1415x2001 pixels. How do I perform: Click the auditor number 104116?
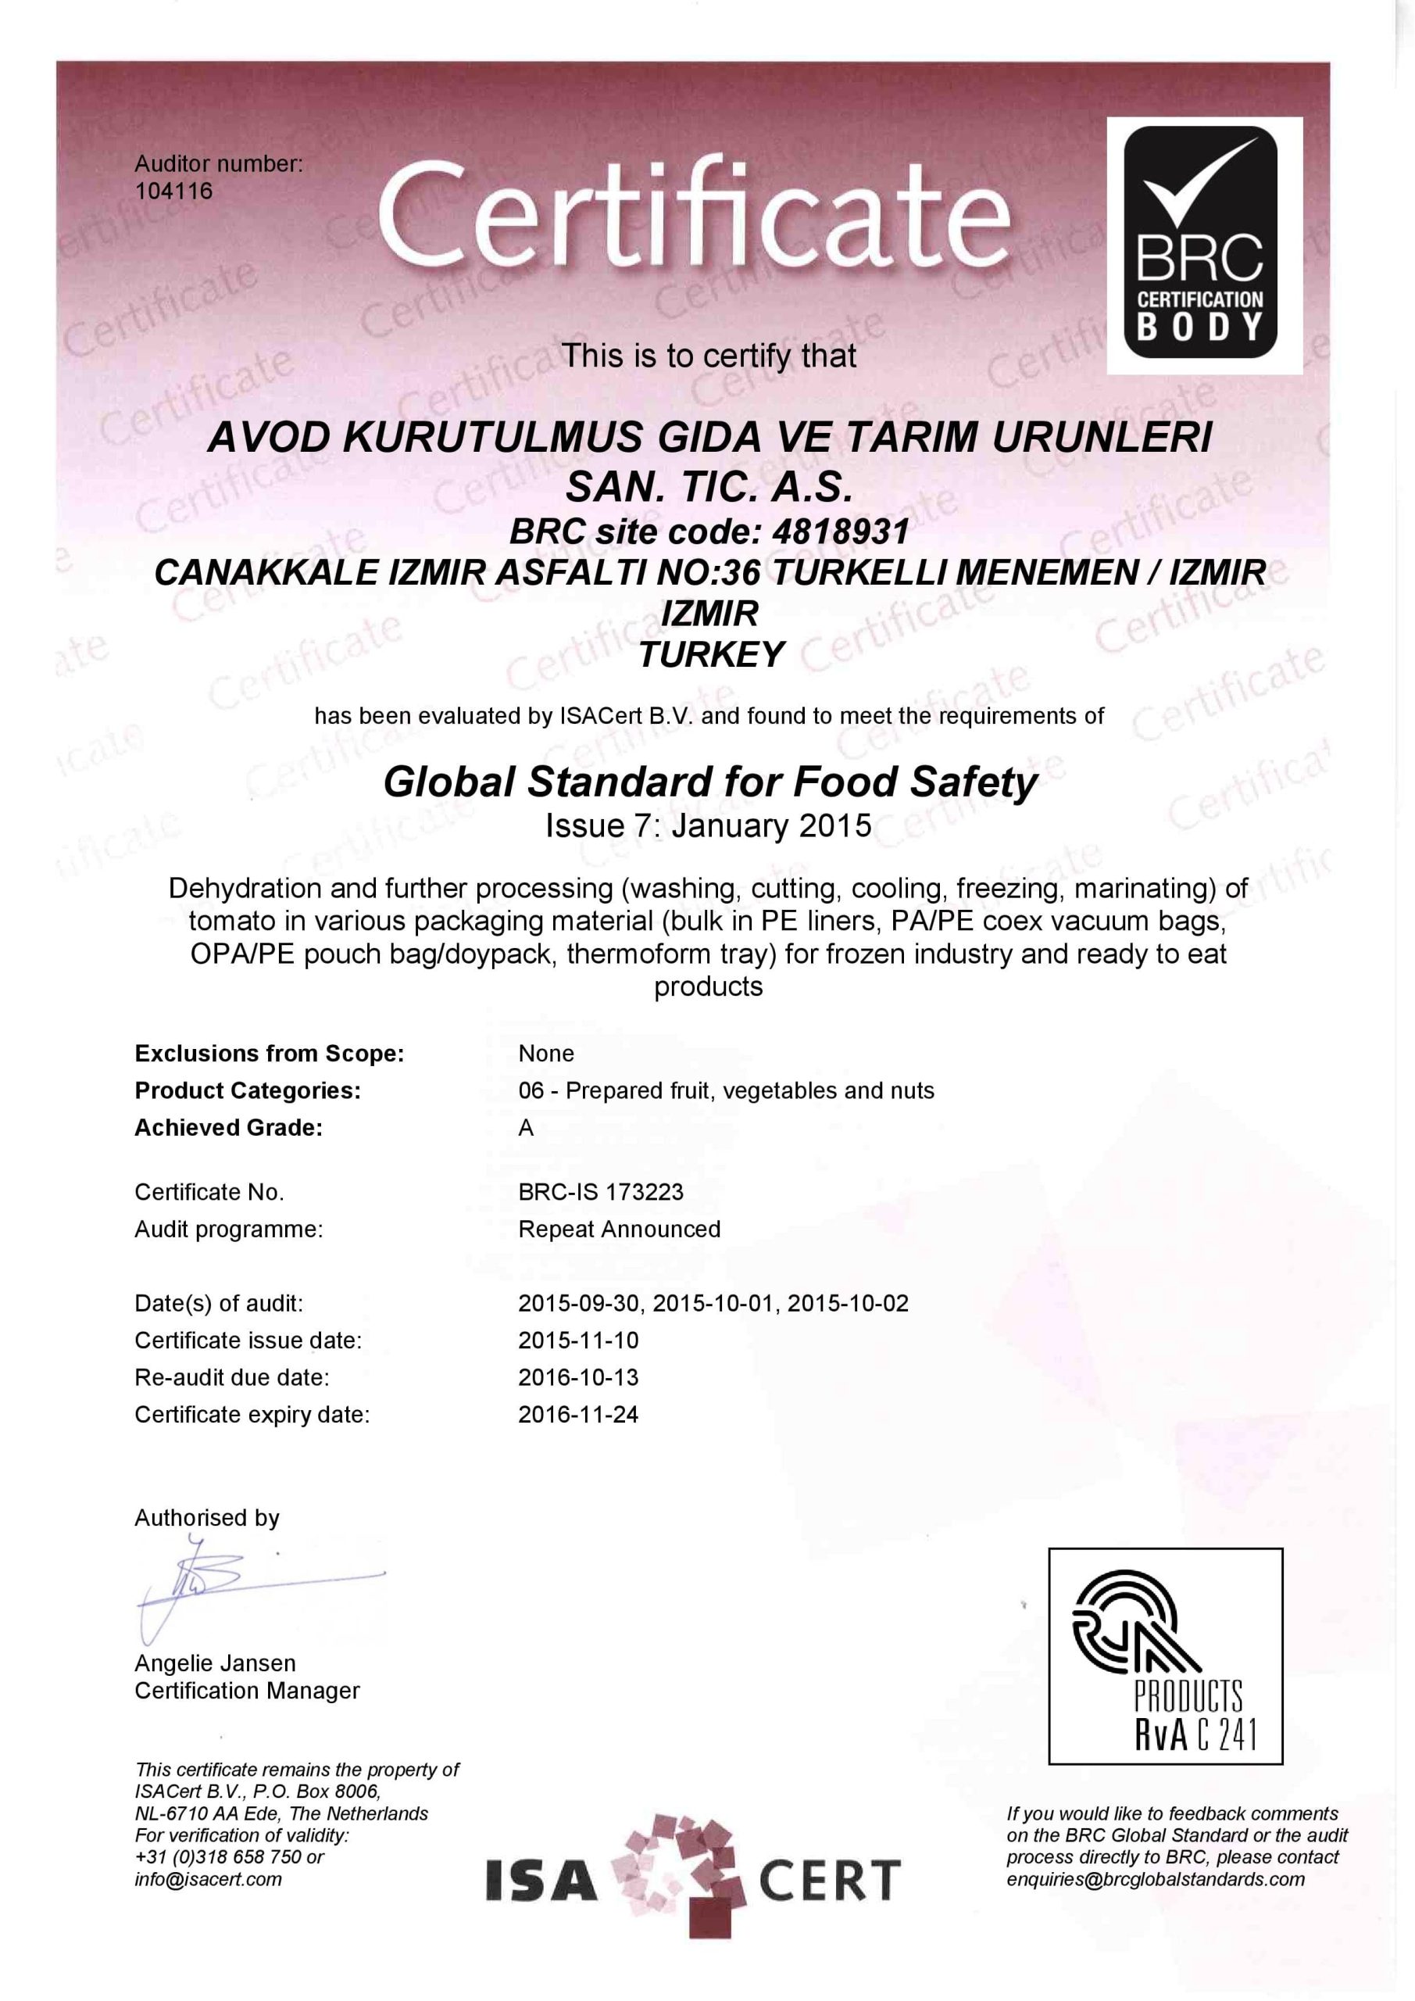[173, 191]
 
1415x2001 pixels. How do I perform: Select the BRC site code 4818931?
[840, 531]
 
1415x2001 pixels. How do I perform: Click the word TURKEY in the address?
[711, 654]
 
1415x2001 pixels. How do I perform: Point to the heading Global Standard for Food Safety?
[709, 782]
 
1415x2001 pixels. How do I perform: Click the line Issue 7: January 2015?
[708, 825]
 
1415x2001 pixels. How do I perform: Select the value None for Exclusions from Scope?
[545, 1053]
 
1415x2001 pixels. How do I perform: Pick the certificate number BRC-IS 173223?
[600, 1191]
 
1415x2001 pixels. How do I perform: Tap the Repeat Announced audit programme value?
[619, 1229]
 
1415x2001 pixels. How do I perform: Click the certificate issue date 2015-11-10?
[577, 1340]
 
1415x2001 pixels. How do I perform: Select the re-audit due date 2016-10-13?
[577, 1377]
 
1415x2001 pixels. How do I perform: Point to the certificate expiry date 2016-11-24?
[577, 1414]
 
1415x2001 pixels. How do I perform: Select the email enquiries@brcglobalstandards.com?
[1156, 1879]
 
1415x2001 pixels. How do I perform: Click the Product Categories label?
[248, 1090]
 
